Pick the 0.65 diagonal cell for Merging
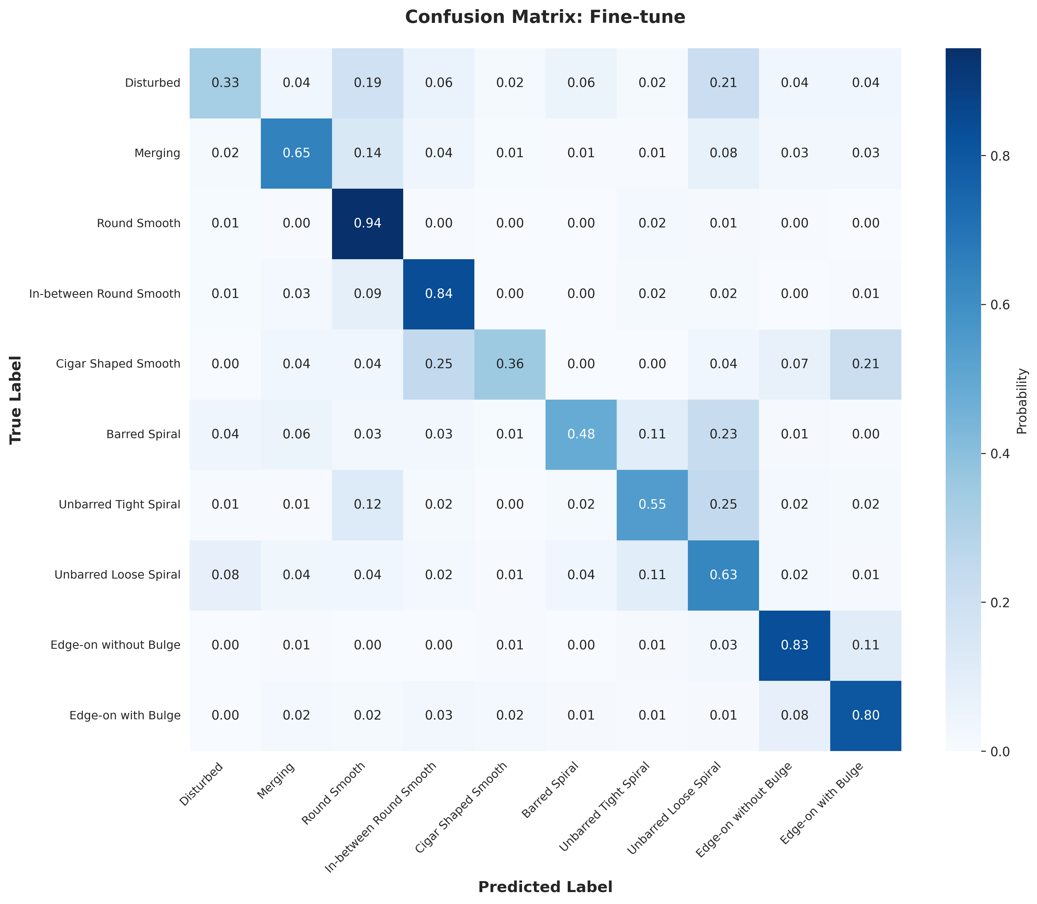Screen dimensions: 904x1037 pyautogui.click(x=296, y=153)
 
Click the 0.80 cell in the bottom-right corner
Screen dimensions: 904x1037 pyautogui.click(x=865, y=715)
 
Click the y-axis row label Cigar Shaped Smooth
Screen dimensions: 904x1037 pyautogui.click(x=118, y=364)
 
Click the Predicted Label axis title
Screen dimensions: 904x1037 pyautogui.click(x=545, y=887)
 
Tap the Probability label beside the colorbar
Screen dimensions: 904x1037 pyautogui.click(x=1021, y=401)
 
